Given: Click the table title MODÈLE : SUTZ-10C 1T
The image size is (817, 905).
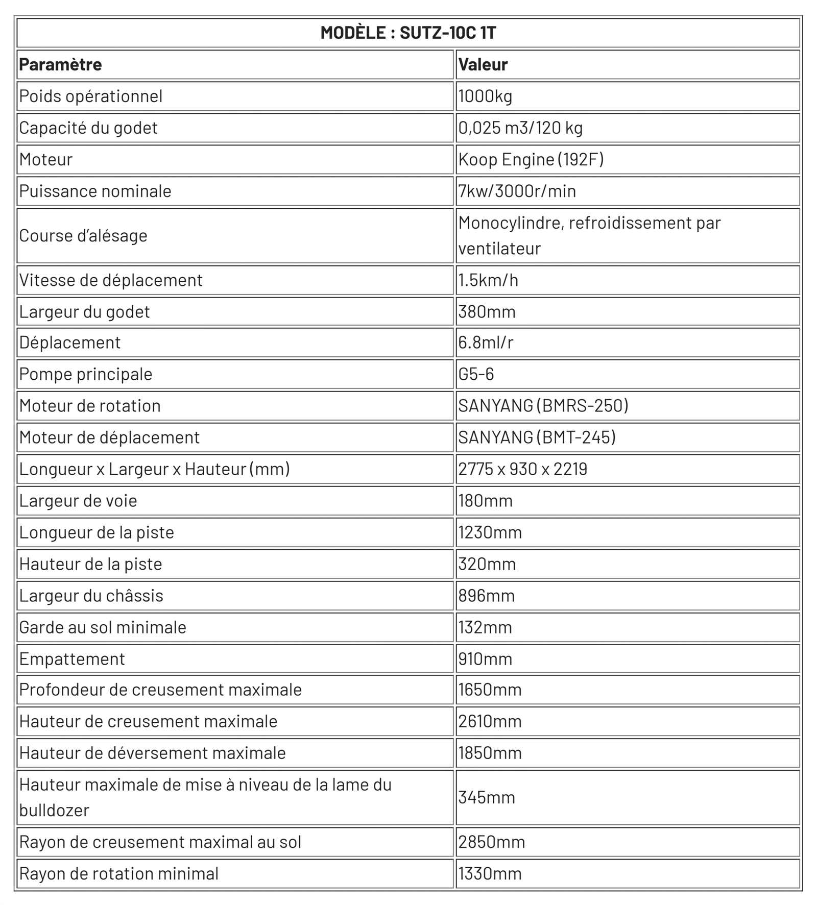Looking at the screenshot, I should click(408, 33).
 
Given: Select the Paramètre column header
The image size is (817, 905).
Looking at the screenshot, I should click(60, 65).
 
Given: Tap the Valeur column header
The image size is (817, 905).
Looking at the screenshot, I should click(483, 65).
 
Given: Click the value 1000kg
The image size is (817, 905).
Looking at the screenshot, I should click(485, 96).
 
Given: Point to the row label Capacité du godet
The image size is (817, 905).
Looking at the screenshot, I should click(88, 128).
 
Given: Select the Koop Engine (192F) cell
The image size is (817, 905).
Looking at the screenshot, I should click(531, 160).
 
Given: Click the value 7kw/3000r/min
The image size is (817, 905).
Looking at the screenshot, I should click(517, 191).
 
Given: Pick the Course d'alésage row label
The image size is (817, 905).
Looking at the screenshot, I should click(83, 236).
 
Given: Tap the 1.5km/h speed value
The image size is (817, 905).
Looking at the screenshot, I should click(488, 280).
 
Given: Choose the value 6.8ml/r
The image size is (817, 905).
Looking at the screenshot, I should click(486, 343).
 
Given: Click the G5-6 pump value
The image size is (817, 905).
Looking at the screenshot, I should click(476, 374).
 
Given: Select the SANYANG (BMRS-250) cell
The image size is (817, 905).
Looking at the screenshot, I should click(543, 406).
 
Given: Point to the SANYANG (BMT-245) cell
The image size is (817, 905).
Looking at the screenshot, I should click(537, 437).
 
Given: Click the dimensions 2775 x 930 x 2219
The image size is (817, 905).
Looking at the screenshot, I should click(522, 469).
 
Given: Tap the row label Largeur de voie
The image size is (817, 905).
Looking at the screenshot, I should click(78, 501).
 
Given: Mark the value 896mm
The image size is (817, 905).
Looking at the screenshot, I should click(486, 596).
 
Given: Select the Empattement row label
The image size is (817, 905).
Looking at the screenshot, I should click(72, 659).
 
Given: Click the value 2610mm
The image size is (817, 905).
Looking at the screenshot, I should click(490, 721).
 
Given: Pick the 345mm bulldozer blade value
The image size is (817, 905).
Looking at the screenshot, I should click(487, 797).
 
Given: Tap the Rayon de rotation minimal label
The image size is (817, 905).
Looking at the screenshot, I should click(119, 874).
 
